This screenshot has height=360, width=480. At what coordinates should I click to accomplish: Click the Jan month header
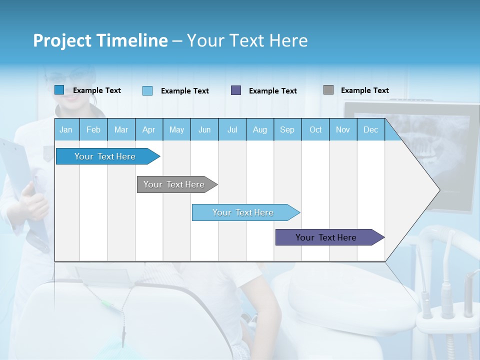[66, 129]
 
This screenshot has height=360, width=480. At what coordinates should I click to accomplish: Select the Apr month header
[149, 129]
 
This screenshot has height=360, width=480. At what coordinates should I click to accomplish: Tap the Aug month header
[260, 129]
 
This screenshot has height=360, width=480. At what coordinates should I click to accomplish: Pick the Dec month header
[370, 129]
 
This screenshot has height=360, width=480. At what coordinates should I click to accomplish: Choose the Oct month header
[315, 129]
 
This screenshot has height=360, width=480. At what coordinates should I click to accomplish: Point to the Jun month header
[204, 129]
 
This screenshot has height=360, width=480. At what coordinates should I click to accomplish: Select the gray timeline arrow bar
[175, 184]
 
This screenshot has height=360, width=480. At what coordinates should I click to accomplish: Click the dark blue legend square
[59, 90]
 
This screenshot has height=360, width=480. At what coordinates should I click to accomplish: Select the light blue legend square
[147, 90]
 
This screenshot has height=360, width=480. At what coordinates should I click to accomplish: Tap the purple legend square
[236, 90]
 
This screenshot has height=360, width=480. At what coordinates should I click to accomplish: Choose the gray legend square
[328, 90]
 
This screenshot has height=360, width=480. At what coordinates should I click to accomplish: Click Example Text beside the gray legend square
[364, 90]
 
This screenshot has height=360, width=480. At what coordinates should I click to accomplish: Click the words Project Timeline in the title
[100, 40]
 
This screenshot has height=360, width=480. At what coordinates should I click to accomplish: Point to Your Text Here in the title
[247, 40]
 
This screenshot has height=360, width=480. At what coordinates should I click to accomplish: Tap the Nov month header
[343, 129]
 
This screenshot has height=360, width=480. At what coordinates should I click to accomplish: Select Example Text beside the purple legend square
[272, 91]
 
